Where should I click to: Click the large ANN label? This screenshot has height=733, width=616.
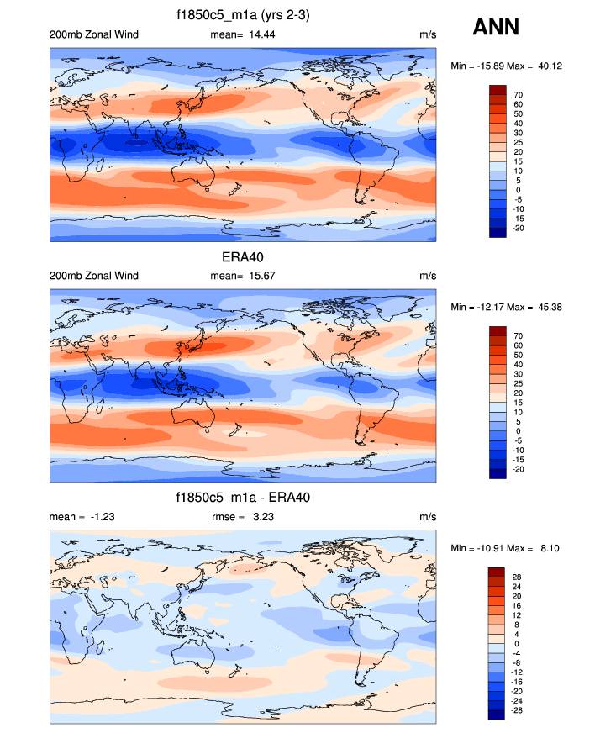pos(496,27)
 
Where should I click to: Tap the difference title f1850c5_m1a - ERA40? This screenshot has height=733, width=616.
pos(243,498)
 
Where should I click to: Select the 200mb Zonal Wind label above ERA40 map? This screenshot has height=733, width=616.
pos(94,276)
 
